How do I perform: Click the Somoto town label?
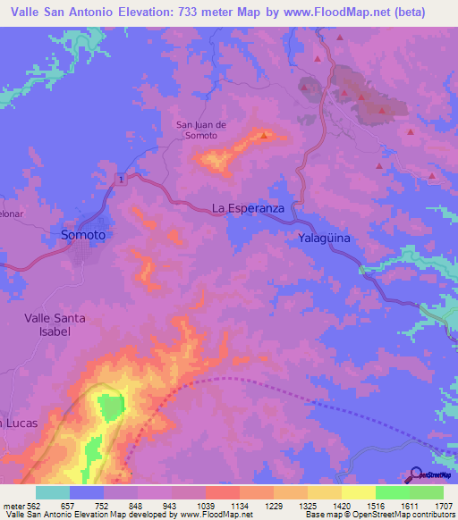pyautogui.click(x=83, y=235)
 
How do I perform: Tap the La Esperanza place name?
pyautogui.click(x=248, y=208)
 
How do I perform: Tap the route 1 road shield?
pyautogui.click(x=118, y=179)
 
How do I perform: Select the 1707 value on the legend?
pyautogui.click(x=443, y=505)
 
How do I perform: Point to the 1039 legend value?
pyautogui.click(x=205, y=505)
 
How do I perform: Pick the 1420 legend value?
pyautogui.click(x=341, y=505)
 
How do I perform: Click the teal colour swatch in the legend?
pyautogui.click(x=53, y=492)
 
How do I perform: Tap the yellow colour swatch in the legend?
pyautogui.click(x=358, y=492)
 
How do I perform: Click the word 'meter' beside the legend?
pyautogui.click(x=13, y=505)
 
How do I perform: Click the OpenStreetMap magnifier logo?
pyautogui.click(x=416, y=474)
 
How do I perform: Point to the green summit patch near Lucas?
pyautogui.click(x=109, y=407)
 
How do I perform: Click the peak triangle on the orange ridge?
pyautogui.click(x=264, y=136)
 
